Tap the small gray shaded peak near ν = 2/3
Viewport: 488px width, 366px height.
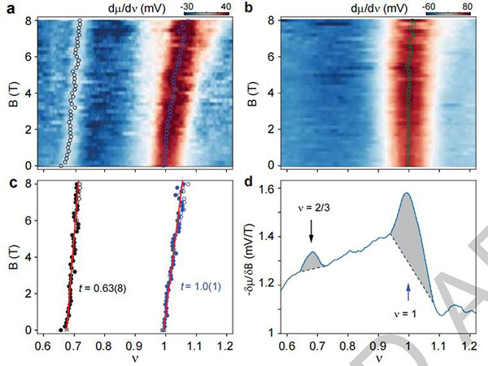(313, 262)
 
